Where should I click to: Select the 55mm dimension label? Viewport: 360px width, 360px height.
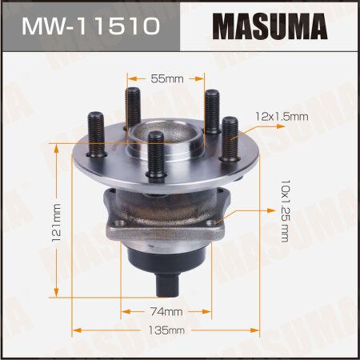166,78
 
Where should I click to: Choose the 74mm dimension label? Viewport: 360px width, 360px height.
167,310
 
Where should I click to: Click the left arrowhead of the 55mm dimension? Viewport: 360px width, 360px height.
130,78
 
